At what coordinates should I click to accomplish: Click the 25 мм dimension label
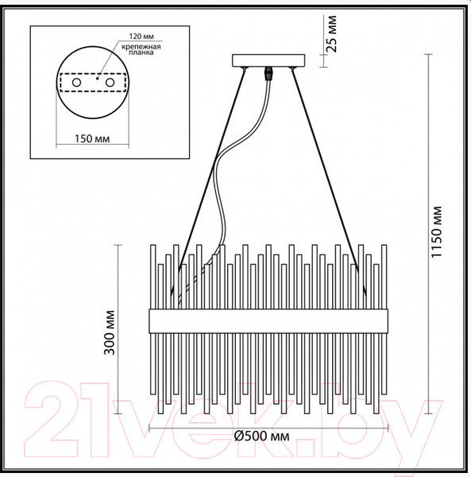[x=333, y=33]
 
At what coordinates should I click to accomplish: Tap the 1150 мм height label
[x=436, y=232]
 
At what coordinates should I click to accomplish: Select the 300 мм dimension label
[x=110, y=332]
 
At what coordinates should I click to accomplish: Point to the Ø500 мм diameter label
[x=261, y=436]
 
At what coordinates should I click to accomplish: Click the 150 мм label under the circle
[x=92, y=138]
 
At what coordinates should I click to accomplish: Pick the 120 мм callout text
[x=141, y=37]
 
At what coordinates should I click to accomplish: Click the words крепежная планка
[x=141, y=49]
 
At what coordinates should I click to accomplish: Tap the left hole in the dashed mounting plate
[x=76, y=83]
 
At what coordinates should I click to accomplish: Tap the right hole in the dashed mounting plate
[x=110, y=83]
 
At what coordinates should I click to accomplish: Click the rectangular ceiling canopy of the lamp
[x=268, y=60]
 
